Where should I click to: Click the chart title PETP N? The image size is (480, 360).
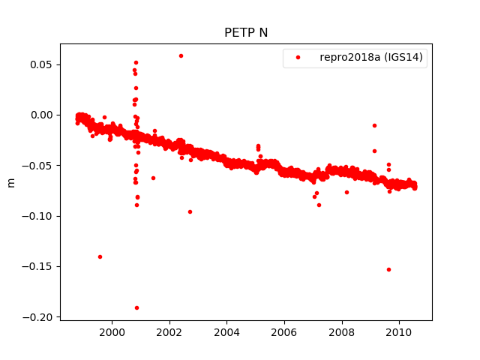[x=245, y=33]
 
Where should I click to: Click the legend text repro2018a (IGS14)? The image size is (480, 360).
[x=373, y=58]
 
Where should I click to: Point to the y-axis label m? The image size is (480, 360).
[x=10, y=182]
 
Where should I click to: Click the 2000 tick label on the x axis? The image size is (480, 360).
[x=112, y=332]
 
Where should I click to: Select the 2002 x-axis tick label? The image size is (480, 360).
[x=169, y=332]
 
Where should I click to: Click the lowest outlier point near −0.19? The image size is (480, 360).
[x=136, y=307]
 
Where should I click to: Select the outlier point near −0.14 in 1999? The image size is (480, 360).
[x=100, y=256]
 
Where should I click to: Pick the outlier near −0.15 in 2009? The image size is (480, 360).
[x=388, y=269]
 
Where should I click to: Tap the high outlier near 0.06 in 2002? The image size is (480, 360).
[x=181, y=55]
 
